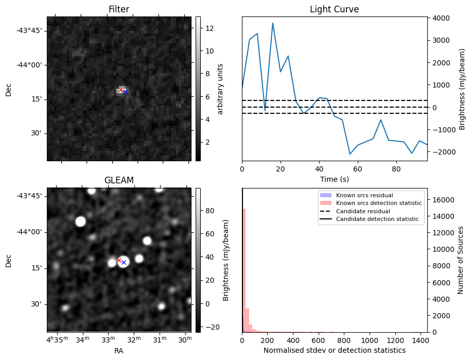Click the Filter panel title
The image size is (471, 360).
118,9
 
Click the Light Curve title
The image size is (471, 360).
334,9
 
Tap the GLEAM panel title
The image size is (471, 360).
118,180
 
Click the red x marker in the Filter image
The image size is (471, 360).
121,90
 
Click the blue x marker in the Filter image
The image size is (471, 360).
125,92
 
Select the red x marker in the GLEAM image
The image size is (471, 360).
119,260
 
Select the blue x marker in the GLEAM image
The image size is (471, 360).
124,262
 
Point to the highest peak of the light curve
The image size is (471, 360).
272,23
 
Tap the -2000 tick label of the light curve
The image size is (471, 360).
439,152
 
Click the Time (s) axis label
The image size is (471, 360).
334,181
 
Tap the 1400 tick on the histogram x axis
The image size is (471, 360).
421,340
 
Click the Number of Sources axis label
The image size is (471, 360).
461,260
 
